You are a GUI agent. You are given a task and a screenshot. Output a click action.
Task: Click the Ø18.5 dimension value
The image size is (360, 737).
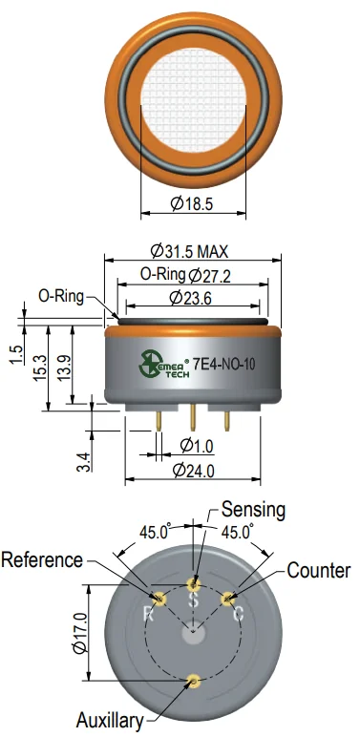(192, 203)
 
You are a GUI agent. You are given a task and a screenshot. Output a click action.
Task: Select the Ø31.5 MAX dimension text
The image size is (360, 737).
(189, 251)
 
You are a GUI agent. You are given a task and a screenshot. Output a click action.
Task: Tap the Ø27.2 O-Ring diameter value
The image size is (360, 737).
(210, 276)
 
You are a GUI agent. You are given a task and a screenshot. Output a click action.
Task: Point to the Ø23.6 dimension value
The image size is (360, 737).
(191, 298)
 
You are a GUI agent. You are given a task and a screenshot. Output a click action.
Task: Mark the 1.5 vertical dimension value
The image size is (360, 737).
(16, 355)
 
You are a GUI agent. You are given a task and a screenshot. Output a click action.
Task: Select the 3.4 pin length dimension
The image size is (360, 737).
(83, 461)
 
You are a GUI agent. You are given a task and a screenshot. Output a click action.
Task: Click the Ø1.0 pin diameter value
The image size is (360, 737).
(197, 445)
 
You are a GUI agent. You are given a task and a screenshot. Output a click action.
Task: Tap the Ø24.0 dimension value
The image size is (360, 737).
(193, 470)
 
